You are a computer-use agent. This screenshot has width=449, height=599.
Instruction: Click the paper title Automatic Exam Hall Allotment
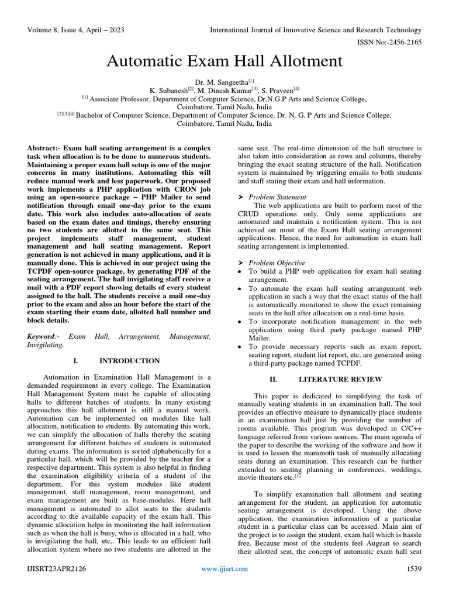pyautogui.click(x=224, y=61)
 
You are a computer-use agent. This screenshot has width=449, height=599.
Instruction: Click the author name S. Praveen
pyautogui.click(x=279, y=91)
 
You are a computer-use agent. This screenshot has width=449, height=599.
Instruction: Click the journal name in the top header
pyautogui.click(x=316, y=30)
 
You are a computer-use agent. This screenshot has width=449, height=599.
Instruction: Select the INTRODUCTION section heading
pyautogui.click(x=130, y=361)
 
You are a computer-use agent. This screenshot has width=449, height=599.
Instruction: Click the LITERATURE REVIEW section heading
pyautogui.click(x=332, y=379)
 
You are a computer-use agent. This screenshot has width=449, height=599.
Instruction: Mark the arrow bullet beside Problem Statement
pyautogui.click(x=241, y=197)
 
